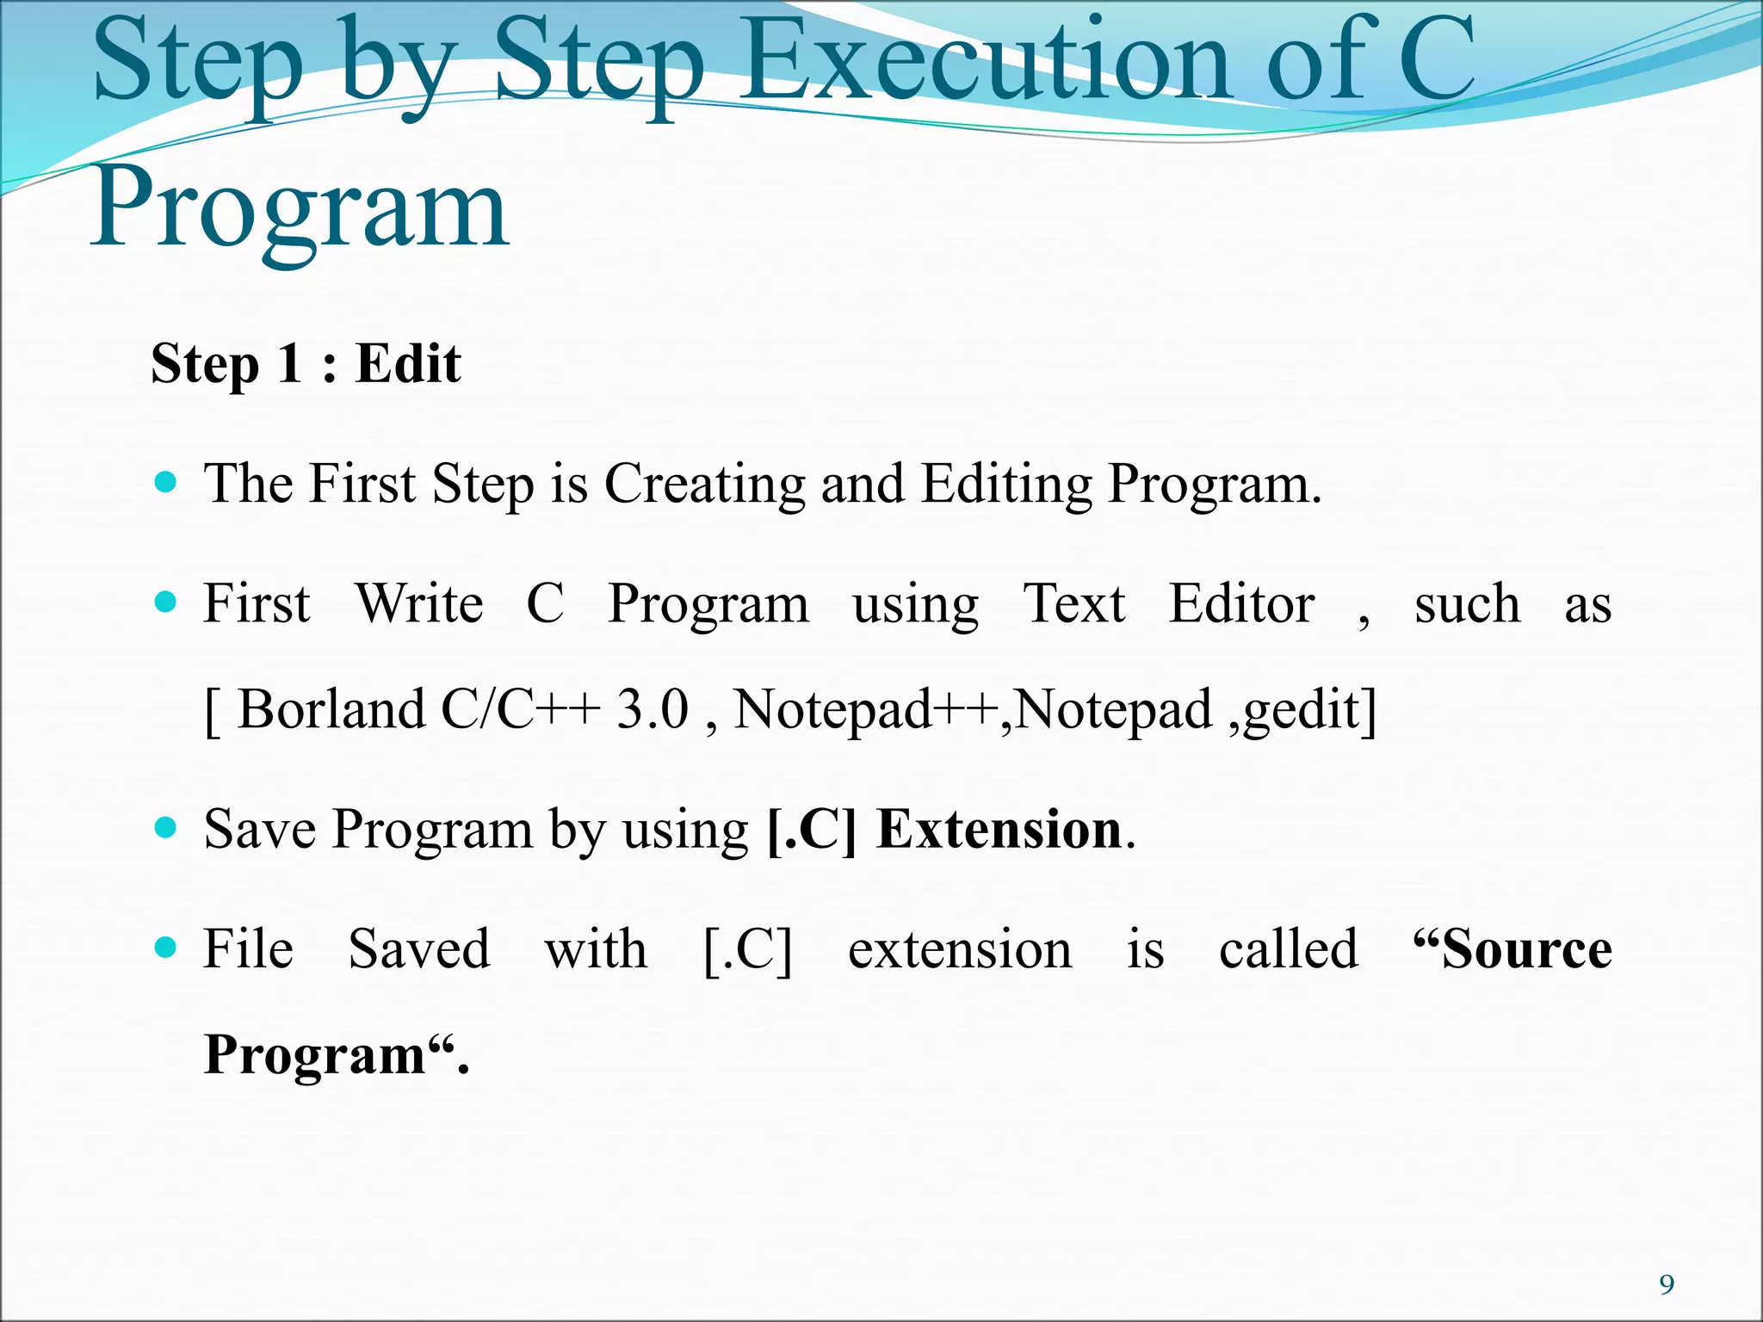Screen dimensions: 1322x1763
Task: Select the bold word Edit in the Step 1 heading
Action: coord(408,363)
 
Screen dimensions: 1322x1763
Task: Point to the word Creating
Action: coord(704,484)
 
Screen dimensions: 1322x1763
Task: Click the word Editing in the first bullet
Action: coord(1005,484)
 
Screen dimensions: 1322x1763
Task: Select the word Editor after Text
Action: coord(1241,604)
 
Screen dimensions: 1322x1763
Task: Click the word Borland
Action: coord(331,710)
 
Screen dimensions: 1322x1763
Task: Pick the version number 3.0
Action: coord(652,710)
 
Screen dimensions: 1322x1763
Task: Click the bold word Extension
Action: coord(999,830)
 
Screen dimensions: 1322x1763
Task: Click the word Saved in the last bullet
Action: coord(419,949)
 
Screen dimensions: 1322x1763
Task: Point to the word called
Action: coord(1289,949)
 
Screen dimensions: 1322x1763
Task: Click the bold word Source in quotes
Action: coord(1526,949)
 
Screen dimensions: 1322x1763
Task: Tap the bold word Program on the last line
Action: coord(315,1056)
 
